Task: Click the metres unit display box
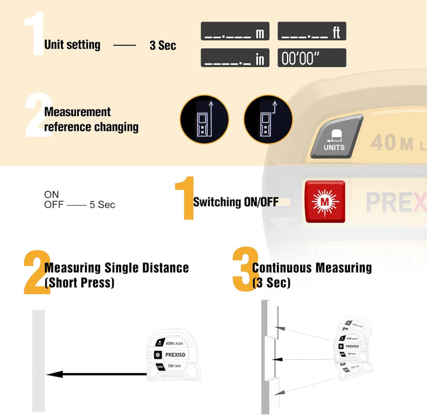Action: (x=235, y=31)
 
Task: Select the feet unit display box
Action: (x=312, y=31)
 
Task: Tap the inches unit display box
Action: (x=235, y=58)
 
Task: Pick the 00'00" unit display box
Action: (x=312, y=58)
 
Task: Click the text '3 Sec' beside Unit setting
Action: (x=162, y=45)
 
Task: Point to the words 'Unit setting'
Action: (x=72, y=44)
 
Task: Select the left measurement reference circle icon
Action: (x=204, y=119)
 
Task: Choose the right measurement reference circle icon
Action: (x=268, y=119)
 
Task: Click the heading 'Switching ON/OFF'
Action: (x=235, y=202)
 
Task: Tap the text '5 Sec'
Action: (x=102, y=205)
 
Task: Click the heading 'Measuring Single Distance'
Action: (x=116, y=268)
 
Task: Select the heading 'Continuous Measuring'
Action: (x=312, y=268)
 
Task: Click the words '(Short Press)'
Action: (x=79, y=283)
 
